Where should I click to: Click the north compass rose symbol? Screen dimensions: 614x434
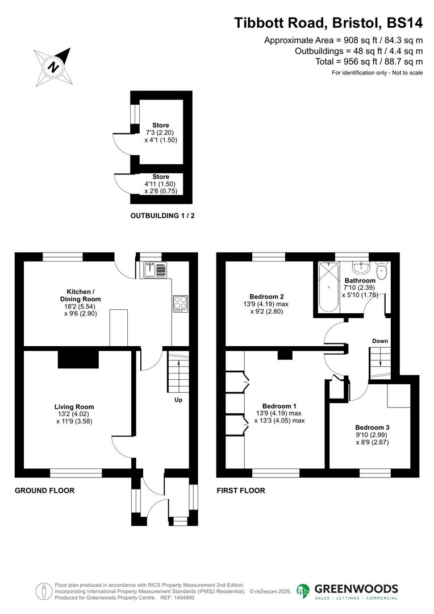click(52, 67)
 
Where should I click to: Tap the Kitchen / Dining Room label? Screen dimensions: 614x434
click(80, 295)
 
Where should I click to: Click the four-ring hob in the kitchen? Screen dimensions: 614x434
click(180, 304)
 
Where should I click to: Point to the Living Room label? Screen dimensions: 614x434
click(74, 407)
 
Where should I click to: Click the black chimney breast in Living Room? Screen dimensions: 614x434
click(78, 360)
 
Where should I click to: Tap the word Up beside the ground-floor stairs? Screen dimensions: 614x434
click(178, 400)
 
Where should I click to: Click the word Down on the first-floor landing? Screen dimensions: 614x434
click(380, 341)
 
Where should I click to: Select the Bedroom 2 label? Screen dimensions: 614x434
click(266, 296)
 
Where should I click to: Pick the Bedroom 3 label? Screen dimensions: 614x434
click(372, 428)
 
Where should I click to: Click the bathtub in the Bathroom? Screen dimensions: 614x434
click(328, 287)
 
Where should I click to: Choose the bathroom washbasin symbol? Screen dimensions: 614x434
click(360, 267)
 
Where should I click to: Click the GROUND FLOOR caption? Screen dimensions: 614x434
click(44, 490)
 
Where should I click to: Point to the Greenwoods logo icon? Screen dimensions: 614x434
click(303, 591)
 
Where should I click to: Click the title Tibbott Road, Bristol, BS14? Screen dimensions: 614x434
click(328, 23)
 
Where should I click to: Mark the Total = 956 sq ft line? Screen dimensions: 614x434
click(369, 61)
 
